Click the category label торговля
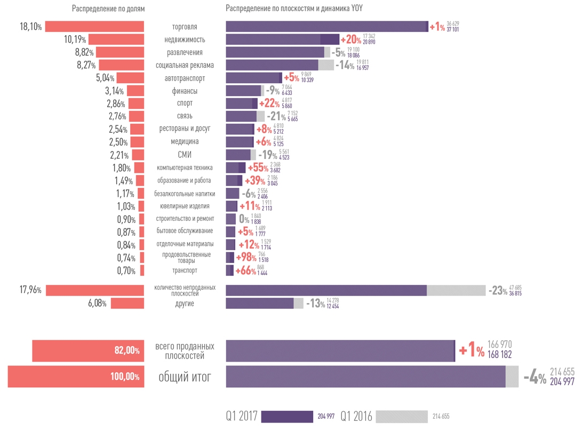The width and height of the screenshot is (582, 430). click(185, 27)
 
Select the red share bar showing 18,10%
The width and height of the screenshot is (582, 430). click(95, 27)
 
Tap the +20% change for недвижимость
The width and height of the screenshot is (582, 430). click(351, 39)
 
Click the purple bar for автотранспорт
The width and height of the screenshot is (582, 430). click(254, 78)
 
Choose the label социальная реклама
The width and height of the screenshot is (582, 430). click(185, 65)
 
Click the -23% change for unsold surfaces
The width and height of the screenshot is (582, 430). click(497, 291)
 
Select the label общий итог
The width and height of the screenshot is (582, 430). click(185, 377)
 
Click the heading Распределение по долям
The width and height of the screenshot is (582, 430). click(108, 9)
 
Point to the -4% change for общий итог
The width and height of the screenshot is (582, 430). click(535, 378)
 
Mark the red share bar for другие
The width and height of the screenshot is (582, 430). click(127, 303)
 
